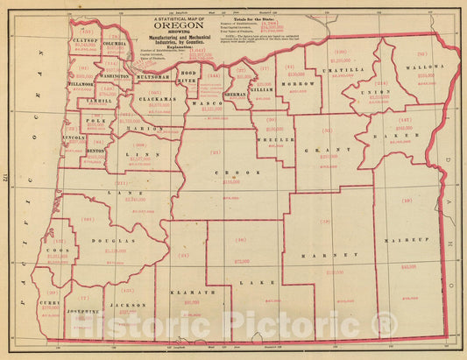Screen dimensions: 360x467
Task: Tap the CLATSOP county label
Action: (86, 40)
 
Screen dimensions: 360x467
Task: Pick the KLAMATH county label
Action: (187, 293)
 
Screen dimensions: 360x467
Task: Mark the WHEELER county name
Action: (274, 137)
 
